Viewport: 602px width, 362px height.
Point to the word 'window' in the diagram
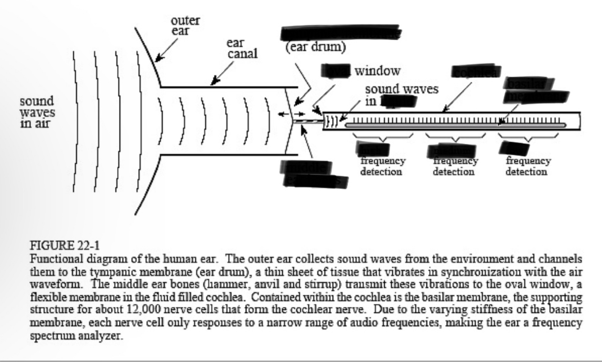point(377,71)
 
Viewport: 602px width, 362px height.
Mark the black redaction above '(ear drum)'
point(341,33)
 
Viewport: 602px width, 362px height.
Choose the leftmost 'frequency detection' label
point(383,166)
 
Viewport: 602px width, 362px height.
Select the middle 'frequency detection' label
point(455,166)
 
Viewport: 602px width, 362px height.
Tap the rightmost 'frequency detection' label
point(527,166)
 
